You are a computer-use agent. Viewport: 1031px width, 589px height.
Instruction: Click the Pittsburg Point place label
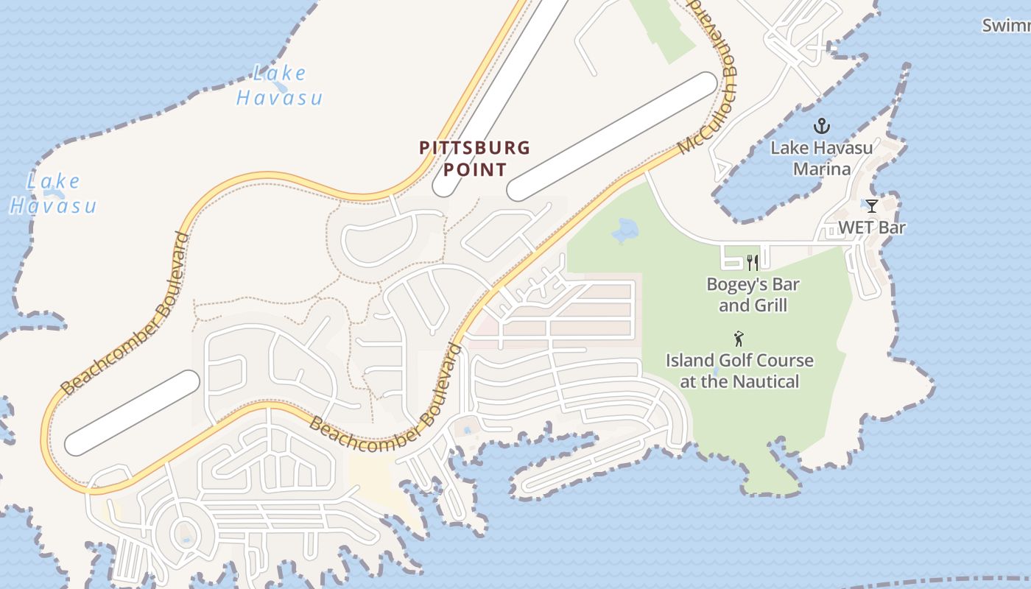click(x=474, y=158)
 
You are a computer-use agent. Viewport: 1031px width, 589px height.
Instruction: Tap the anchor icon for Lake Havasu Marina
click(x=821, y=126)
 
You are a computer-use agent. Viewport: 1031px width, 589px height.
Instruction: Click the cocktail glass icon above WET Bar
click(x=872, y=206)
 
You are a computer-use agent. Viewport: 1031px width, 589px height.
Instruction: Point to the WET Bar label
click(x=872, y=228)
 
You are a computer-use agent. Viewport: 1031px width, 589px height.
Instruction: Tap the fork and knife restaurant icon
click(x=753, y=262)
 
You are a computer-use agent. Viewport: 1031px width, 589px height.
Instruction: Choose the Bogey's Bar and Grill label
click(x=753, y=294)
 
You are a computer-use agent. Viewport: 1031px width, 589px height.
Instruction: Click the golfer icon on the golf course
click(x=739, y=339)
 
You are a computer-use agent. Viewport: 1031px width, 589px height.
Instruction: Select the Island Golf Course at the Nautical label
click(x=739, y=371)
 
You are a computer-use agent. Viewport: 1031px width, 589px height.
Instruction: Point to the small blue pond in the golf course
click(x=625, y=231)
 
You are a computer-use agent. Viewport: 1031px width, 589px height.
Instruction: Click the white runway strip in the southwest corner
click(x=133, y=412)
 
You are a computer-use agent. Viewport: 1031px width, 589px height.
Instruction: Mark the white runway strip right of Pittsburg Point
click(x=612, y=136)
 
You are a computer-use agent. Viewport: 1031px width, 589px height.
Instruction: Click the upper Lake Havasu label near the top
click(x=280, y=85)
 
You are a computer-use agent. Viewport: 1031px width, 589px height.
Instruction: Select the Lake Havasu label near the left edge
click(x=53, y=194)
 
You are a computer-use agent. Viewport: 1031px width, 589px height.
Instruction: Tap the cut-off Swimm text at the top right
click(x=1006, y=26)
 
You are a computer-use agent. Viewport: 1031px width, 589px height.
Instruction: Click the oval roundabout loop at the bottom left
click(x=185, y=532)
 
